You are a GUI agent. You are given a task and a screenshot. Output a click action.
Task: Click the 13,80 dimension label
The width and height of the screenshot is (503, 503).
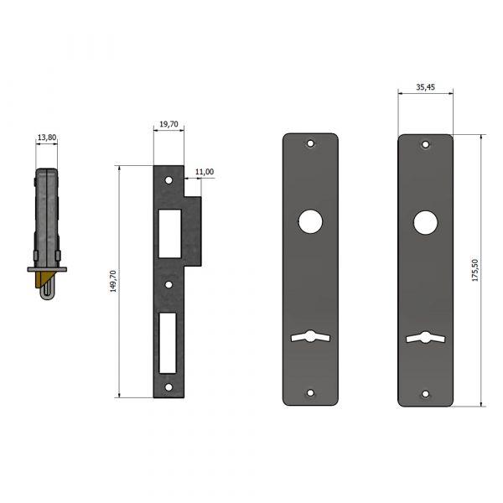[47, 137]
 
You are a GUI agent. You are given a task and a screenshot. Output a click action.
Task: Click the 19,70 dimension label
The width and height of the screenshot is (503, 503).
[169, 124]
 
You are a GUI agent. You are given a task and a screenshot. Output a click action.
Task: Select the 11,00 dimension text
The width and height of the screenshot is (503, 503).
[205, 172]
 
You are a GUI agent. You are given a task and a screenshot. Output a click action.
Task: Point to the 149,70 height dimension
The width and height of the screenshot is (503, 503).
[113, 282]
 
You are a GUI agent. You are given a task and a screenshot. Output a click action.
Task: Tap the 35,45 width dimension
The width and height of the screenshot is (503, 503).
[425, 87]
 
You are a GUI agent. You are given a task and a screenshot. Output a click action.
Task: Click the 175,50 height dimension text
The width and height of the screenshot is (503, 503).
[474, 271]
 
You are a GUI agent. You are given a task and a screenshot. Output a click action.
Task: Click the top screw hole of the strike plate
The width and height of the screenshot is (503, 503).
[169, 180]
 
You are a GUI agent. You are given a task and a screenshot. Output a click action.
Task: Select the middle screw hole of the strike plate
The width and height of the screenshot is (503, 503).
[169, 284]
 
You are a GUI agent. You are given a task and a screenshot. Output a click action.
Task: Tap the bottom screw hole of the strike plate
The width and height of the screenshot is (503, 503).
[169, 387]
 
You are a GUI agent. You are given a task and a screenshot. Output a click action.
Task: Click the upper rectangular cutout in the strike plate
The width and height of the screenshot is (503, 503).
[170, 234]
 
